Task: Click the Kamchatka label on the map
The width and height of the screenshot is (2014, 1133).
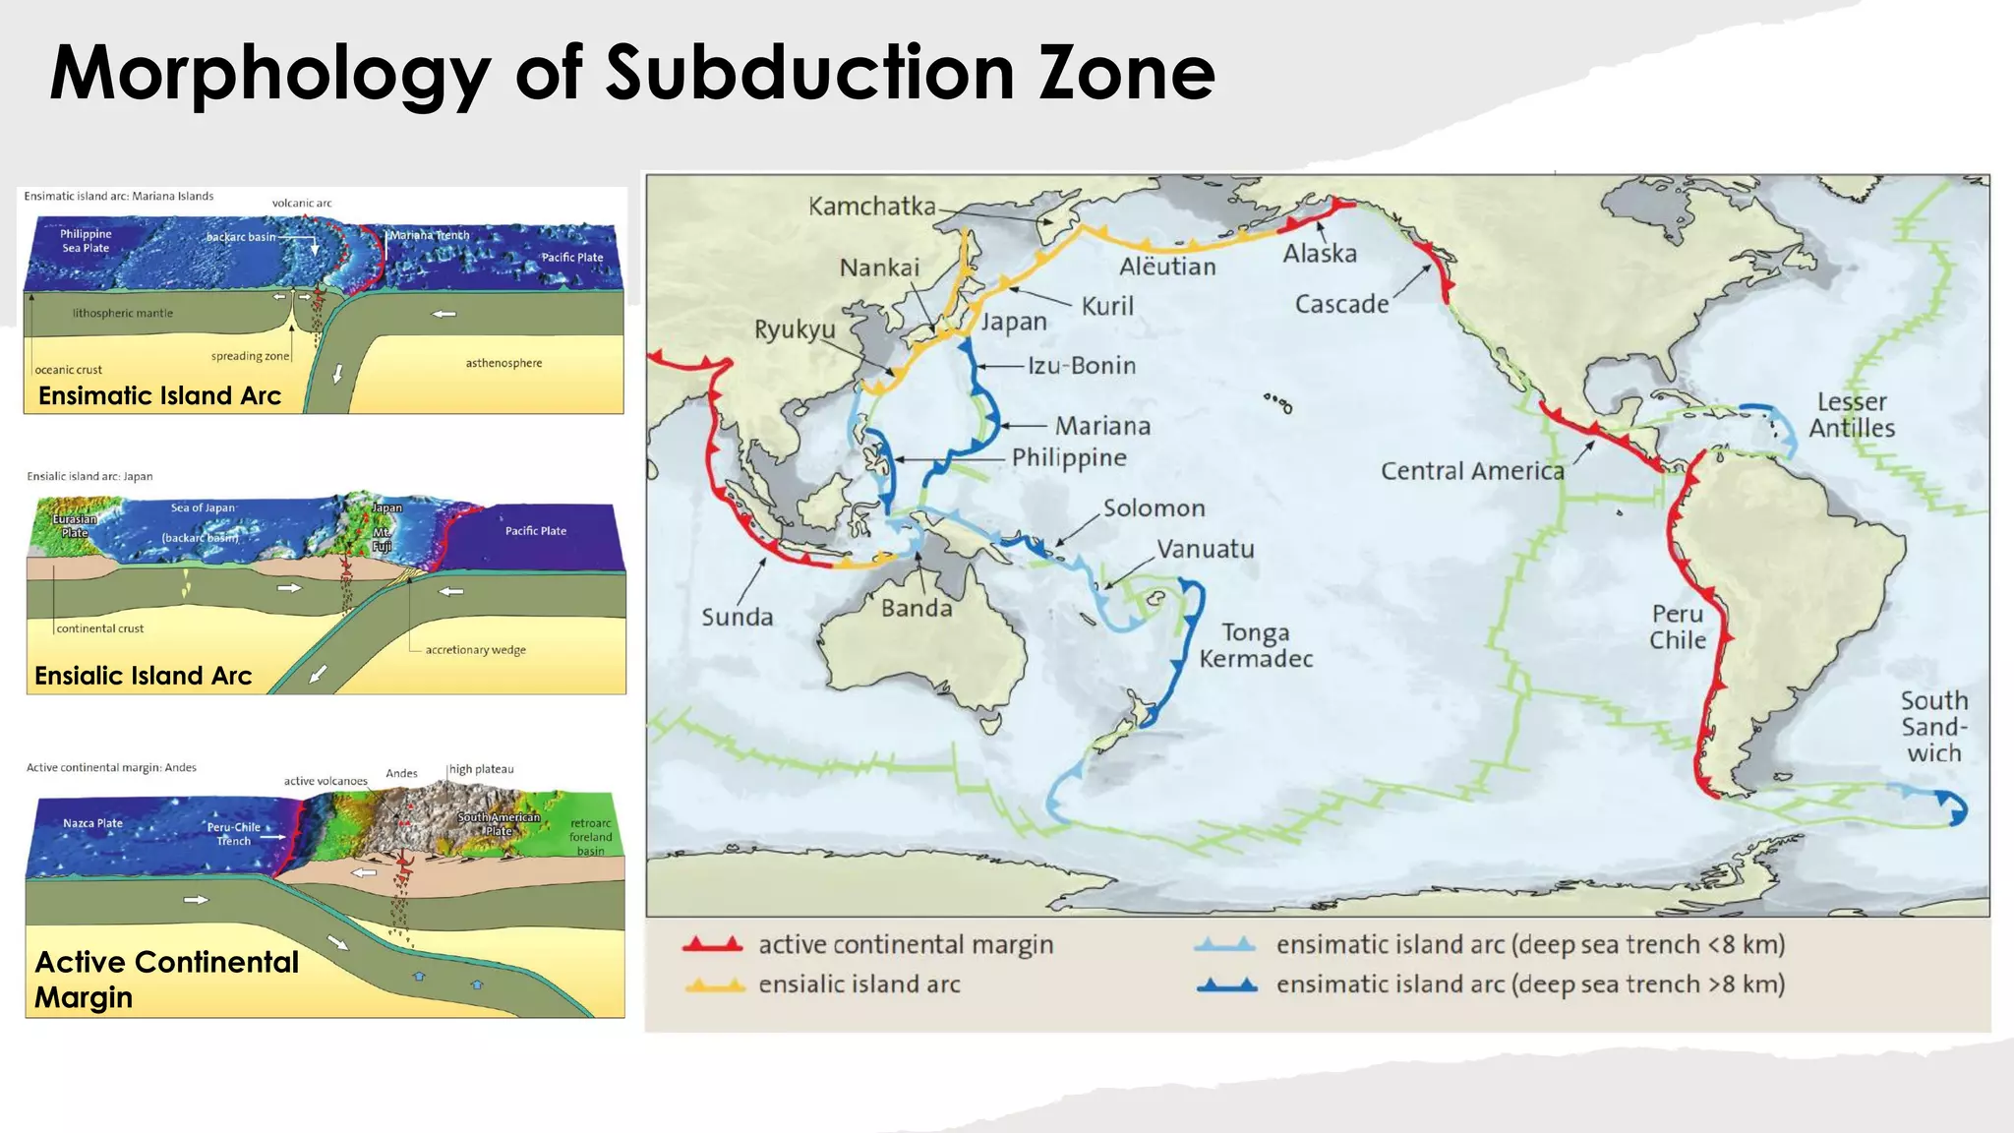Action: (871, 207)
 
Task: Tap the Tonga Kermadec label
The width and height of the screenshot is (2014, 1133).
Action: (1256, 645)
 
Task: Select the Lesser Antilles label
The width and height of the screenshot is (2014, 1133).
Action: (1852, 414)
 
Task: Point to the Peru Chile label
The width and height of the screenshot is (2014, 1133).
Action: (1678, 626)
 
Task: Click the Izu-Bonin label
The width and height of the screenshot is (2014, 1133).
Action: (1082, 366)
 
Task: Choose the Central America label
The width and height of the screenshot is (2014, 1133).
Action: (1472, 471)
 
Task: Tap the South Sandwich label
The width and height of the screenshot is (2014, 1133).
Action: (1933, 727)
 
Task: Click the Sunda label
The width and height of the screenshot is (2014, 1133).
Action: (737, 618)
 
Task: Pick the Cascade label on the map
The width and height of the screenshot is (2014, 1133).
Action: (1341, 304)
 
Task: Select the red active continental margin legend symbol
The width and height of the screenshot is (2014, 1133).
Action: (712, 945)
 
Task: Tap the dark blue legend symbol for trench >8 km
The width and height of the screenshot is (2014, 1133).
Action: (1226, 984)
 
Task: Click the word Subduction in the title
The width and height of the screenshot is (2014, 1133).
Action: (809, 73)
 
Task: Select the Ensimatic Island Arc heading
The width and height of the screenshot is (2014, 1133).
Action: (159, 395)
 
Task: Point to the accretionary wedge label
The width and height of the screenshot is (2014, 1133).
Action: (475, 650)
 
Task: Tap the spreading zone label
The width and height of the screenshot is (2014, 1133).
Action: (250, 356)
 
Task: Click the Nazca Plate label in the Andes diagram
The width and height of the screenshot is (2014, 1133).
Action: (92, 823)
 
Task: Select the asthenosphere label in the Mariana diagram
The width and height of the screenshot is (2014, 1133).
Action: (503, 363)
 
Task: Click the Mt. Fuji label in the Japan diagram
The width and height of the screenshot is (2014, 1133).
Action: (382, 539)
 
